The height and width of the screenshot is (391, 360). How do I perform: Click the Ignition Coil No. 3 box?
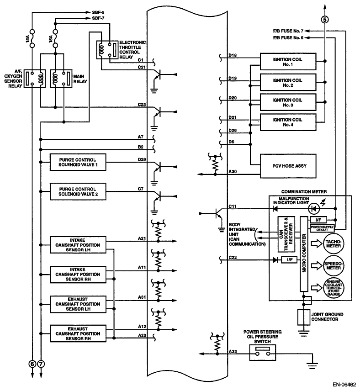click(288, 102)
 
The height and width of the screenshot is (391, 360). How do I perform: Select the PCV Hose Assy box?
click(288, 166)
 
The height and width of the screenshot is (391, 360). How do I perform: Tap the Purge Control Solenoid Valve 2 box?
click(78, 191)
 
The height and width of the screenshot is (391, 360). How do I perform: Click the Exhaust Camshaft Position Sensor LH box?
click(78, 304)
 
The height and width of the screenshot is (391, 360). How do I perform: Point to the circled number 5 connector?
click(324, 20)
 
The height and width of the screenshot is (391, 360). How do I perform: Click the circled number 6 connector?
click(32, 364)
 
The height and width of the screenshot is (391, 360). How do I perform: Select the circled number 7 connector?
click(41, 364)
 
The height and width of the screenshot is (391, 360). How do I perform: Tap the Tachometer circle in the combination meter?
click(334, 243)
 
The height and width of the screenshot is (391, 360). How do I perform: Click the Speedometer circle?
click(334, 265)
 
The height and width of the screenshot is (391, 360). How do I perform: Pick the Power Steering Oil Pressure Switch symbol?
click(262, 352)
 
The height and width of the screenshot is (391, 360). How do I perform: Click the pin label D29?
click(142, 159)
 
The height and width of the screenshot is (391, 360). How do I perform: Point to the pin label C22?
click(233, 257)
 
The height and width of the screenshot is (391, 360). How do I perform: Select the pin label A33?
click(233, 351)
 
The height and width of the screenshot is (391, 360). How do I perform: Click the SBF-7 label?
click(98, 18)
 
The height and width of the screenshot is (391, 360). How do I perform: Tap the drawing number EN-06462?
click(344, 385)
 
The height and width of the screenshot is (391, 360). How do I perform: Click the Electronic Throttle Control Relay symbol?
click(107, 50)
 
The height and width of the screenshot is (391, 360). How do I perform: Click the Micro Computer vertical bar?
click(304, 254)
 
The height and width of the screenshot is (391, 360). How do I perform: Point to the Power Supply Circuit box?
click(322, 228)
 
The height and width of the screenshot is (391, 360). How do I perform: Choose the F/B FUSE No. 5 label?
click(288, 37)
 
